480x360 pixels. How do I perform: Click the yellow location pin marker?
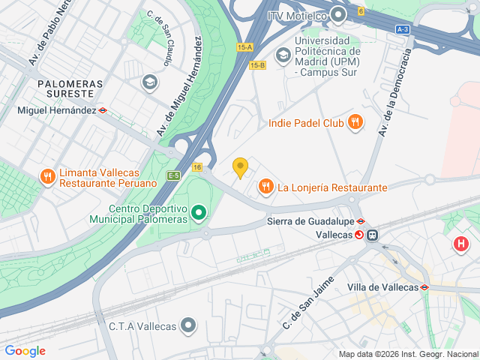click(x=240, y=167)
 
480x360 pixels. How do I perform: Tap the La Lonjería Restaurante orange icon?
click(x=265, y=187)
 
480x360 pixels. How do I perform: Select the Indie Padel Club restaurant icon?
click(x=355, y=122)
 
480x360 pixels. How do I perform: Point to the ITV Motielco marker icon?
click(x=338, y=14)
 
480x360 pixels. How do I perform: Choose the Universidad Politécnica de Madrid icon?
click(x=283, y=54)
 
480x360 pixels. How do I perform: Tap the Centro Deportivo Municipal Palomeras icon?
click(x=198, y=214)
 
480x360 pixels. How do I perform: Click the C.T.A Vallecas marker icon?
click(x=188, y=325)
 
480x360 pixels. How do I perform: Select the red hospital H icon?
click(x=460, y=244)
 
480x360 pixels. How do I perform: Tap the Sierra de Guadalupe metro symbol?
click(x=361, y=221)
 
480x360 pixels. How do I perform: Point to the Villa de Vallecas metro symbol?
click(x=424, y=287)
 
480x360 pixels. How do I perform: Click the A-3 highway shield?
click(x=403, y=29)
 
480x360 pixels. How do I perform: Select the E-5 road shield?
click(x=173, y=175)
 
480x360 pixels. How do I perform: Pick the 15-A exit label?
click(x=245, y=47)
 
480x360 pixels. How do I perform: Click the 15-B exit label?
click(x=257, y=65)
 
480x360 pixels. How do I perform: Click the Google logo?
click(x=25, y=350)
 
